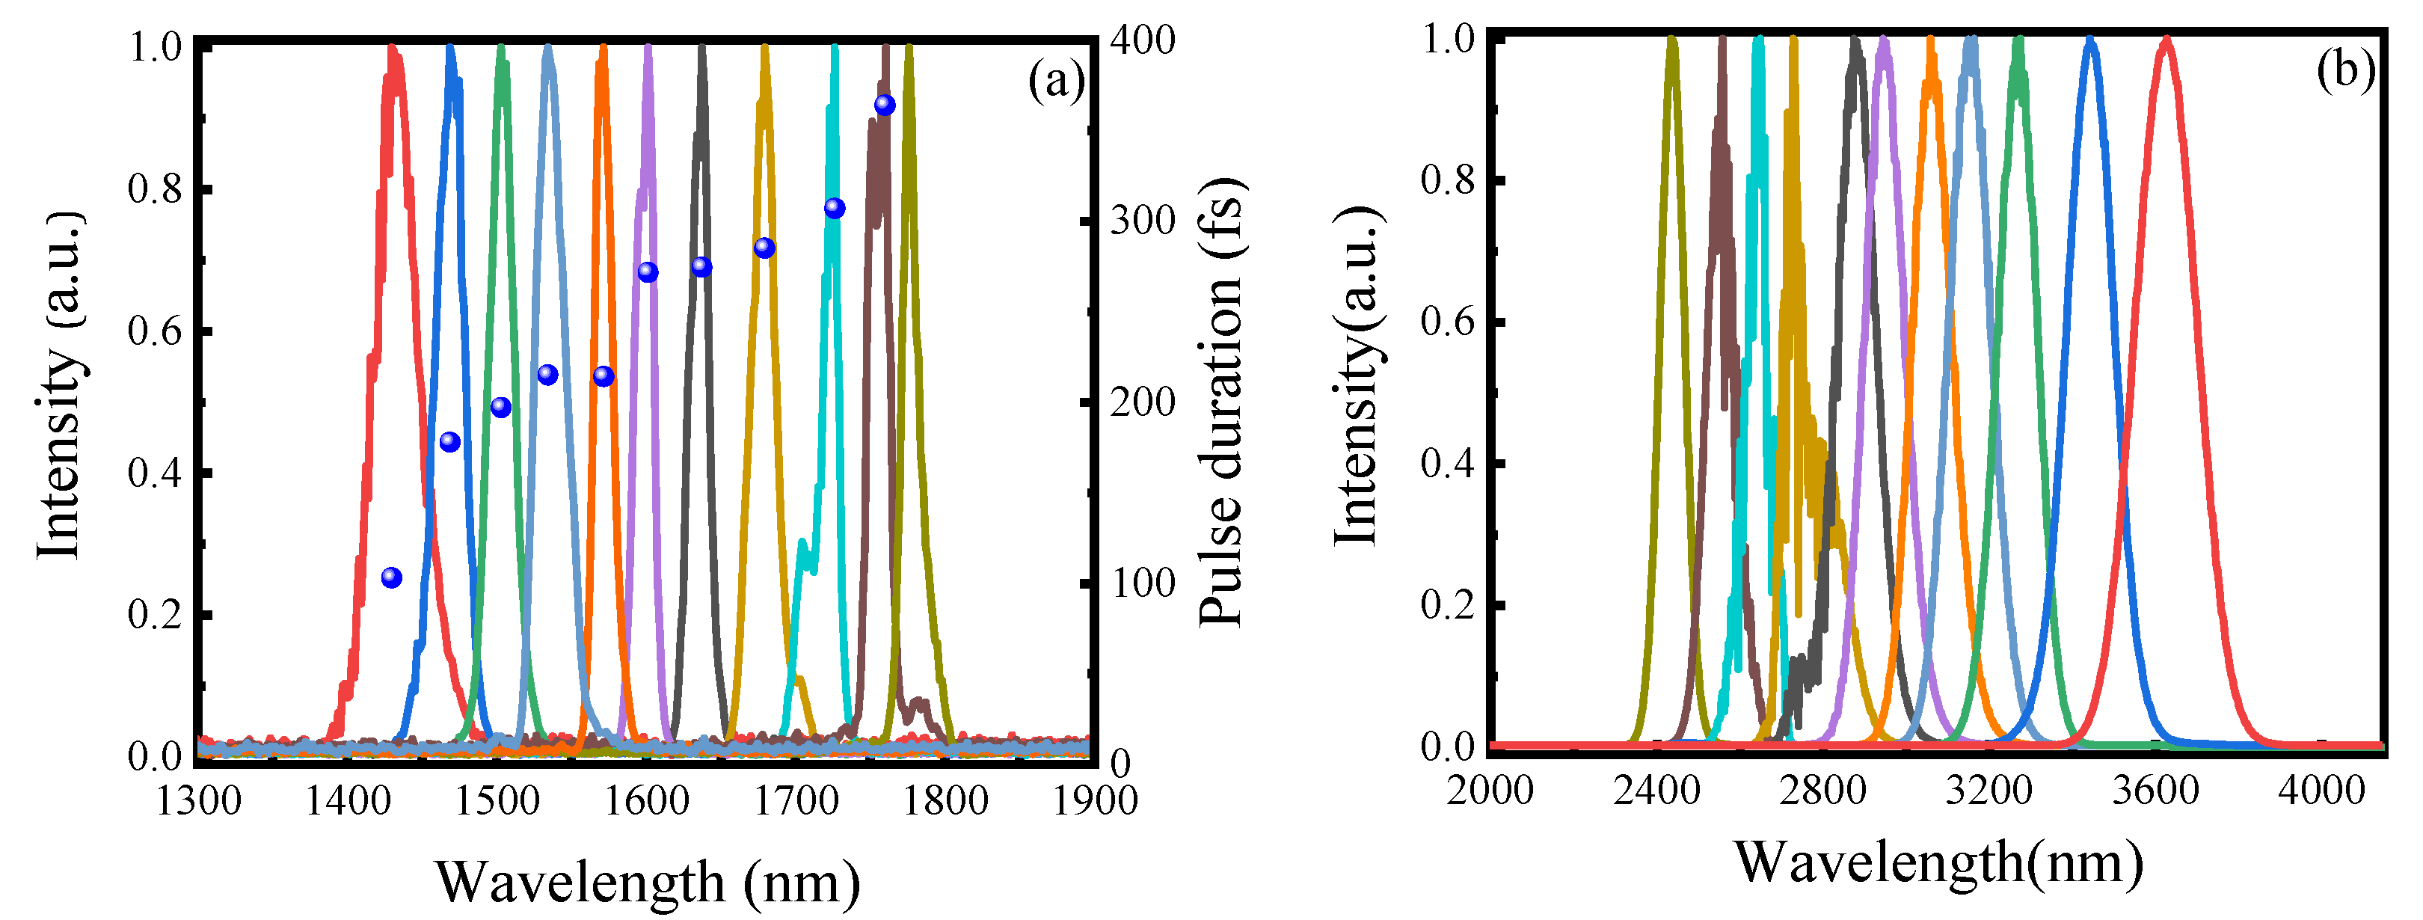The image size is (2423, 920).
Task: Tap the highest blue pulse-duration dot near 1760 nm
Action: click(x=884, y=105)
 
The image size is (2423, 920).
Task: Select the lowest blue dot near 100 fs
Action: click(x=391, y=577)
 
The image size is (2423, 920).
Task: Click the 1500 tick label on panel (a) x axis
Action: click(x=496, y=800)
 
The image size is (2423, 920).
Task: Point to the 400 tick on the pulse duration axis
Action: click(x=1142, y=40)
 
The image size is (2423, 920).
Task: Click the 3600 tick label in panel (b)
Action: click(x=2155, y=789)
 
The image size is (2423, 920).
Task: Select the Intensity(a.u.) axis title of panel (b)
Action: click(x=1357, y=376)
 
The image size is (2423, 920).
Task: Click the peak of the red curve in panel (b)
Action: click(x=2166, y=40)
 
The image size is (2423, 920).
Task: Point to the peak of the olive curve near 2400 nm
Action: click(x=1671, y=40)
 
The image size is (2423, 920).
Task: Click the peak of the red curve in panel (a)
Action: click(x=394, y=47)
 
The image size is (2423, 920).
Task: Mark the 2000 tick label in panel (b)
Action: click(x=1490, y=789)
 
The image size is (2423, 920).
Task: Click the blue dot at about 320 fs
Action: click(x=835, y=208)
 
